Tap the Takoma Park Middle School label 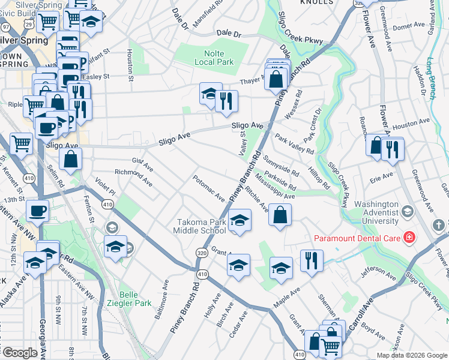pos(200,226)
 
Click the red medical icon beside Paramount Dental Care pos(409,238)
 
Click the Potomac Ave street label pos(208,188)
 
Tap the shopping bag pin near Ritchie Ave pos(280,216)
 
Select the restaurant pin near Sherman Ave pos(312,261)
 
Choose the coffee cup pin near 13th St pos(37,212)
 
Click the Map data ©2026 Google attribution pos(411,355)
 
